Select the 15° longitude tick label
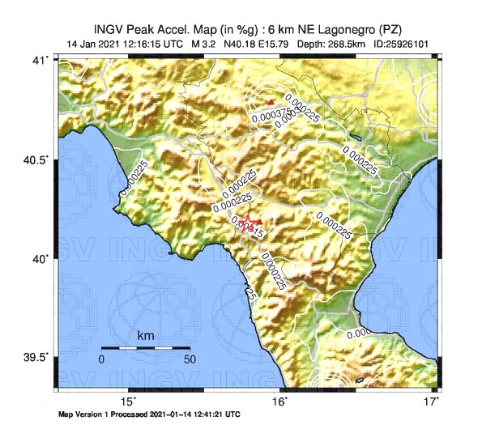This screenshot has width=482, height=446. point(129,402)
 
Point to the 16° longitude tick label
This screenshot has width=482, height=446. point(279,402)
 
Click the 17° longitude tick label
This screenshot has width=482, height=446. point(433,402)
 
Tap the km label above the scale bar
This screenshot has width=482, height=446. point(146,335)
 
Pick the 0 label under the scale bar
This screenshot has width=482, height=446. point(102,359)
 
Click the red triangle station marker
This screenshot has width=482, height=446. point(271,102)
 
